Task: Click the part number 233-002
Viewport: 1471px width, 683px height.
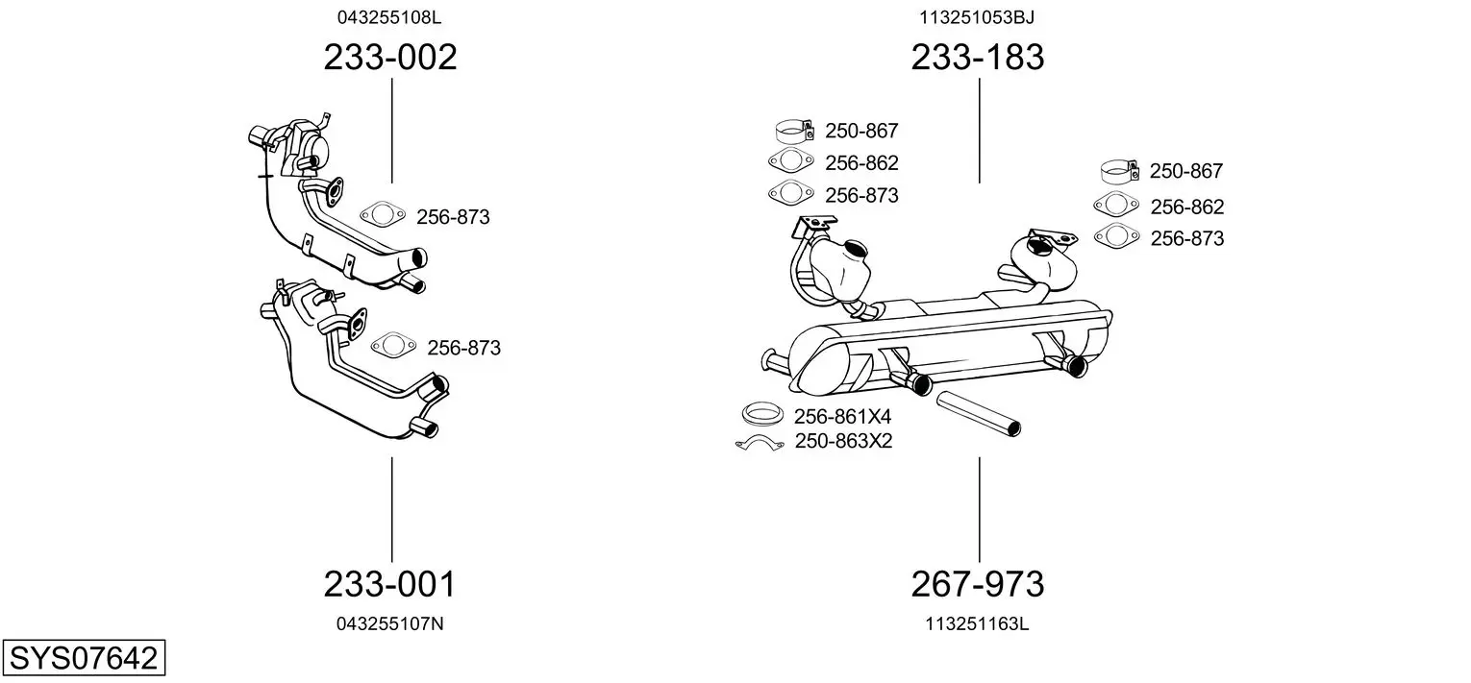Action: [x=390, y=57]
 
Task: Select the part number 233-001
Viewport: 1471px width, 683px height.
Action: [x=389, y=584]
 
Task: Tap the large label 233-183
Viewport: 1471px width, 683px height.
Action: [x=977, y=57]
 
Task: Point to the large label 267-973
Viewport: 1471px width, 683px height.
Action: [x=977, y=584]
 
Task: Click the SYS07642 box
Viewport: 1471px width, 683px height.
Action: [x=84, y=657]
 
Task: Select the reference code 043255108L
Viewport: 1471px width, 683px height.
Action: [x=389, y=17]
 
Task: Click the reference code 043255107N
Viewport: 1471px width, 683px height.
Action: [x=390, y=624]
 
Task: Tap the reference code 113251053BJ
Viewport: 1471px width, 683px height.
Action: [x=977, y=17]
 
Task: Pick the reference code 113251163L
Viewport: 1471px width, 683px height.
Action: [x=977, y=624]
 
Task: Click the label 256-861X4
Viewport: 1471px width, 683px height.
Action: [x=842, y=417]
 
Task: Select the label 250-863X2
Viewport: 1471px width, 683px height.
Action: [x=844, y=441]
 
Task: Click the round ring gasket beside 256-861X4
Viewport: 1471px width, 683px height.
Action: [x=762, y=415]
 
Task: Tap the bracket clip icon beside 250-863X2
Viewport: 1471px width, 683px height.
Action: [x=760, y=443]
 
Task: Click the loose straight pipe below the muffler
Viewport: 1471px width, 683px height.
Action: [x=979, y=413]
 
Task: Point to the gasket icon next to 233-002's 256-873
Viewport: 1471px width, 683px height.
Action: [x=383, y=213]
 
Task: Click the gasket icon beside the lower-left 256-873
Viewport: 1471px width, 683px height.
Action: [x=393, y=345]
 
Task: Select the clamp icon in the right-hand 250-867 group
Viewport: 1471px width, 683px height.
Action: [x=1119, y=172]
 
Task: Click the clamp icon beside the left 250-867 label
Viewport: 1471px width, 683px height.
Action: [x=794, y=132]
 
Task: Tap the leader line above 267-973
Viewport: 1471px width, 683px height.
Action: [x=979, y=510]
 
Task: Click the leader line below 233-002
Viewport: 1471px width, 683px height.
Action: [x=392, y=132]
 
